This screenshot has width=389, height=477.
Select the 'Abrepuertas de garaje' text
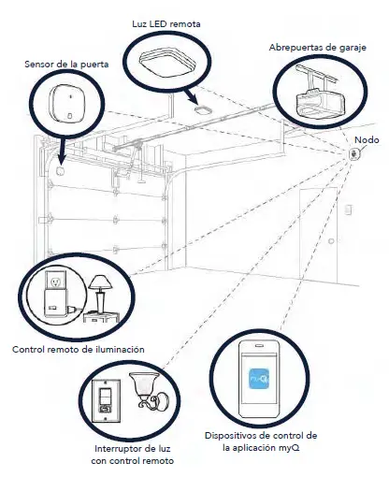[x=317, y=46]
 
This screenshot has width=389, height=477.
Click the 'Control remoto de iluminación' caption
[x=78, y=349]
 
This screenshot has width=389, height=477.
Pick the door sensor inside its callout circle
[x=66, y=105]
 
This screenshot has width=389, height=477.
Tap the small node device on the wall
[x=354, y=155]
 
